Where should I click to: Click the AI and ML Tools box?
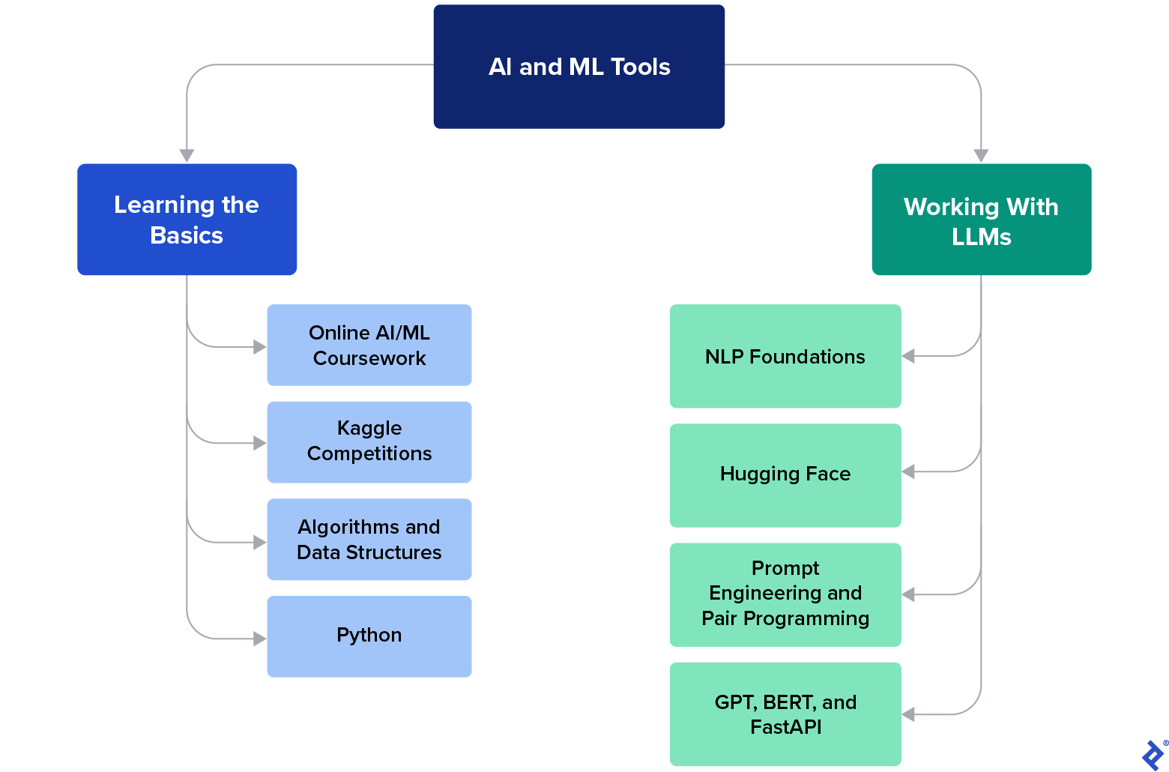click(579, 67)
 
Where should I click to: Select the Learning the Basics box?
click(187, 220)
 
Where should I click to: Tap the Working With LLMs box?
click(981, 220)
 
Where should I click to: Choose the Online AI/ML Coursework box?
click(369, 345)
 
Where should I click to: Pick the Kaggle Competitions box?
click(369, 442)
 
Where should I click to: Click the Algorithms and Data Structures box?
click(369, 540)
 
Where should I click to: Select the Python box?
click(369, 636)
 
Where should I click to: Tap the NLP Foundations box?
click(785, 356)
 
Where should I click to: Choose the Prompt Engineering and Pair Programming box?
click(785, 594)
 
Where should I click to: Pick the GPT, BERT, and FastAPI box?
click(785, 714)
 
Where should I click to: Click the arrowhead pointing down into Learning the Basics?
click(187, 155)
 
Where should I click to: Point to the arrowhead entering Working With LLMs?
click(981, 155)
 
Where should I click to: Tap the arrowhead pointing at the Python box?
click(260, 639)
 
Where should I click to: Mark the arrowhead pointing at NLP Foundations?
click(908, 356)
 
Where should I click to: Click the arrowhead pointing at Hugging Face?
click(908, 471)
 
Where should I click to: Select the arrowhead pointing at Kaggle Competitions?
click(260, 443)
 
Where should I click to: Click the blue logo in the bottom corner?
click(1153, 755)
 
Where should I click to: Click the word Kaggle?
click(369, 429)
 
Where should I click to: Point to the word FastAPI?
click(785, 727)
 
